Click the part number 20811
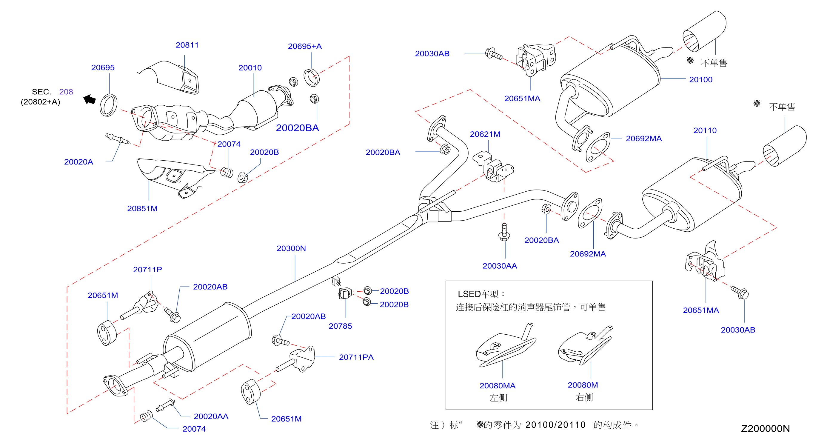(187, 45)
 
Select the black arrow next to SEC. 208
(90, 99)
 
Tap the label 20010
(250, 68)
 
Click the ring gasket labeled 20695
(109, 105)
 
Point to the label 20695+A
(305, 46)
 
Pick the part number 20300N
(291, 248)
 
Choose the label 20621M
(485, 134)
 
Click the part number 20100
(700, 80)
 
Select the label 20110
(705, 130)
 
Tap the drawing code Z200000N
(765, 429)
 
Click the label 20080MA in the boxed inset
(497, 386)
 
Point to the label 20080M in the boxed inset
(583, 385)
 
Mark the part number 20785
(340, 326)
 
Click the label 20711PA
(356, 357)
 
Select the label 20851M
(142, 208)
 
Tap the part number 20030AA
(500, 266)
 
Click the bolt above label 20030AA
(504, 232)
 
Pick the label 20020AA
(211, 416)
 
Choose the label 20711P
(147, 269)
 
